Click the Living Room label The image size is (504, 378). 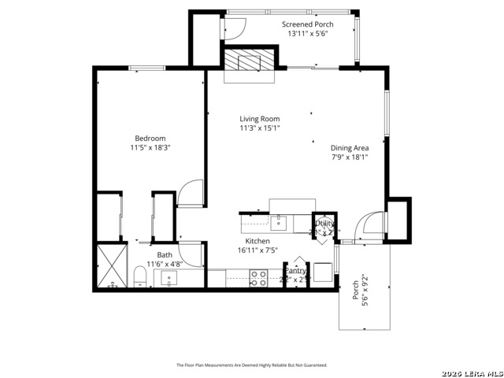click(x=260, y=119)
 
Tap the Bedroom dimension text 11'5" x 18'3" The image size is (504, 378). click(x=150, y=147)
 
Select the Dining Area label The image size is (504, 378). click(x=350, y=147)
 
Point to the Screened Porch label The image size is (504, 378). click(x=308, y=24)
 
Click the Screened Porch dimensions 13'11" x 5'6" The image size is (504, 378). click(x=308, y=34)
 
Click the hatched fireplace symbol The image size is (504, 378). click(x=250, y=60)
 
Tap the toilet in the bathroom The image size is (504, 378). click(x=140, y=276)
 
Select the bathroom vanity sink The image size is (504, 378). click(x=169, y=277)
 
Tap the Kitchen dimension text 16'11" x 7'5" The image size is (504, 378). click(x=258, y=250)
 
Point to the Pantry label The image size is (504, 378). click(x=295, y=270)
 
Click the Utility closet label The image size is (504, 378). click(x=325, y=224)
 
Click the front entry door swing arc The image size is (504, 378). click(x=367, y=224)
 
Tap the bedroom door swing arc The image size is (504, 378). click(x=191, y=193)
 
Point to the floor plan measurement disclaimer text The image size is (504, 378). click(x=251, y=365)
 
